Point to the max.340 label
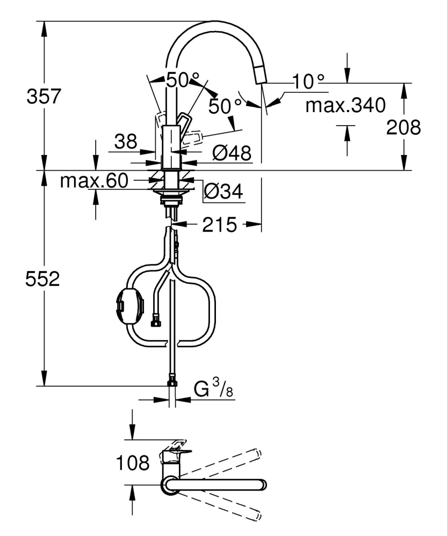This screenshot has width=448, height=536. click(x=345, y=106)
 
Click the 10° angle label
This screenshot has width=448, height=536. click(x=309, y=82)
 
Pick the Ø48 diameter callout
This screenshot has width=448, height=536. click(x=232, y=154)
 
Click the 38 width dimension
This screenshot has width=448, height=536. click(x=125, y=142)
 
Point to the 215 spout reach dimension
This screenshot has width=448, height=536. click(x=220, y=225)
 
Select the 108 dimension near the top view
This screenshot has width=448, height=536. click(x=133, y=462)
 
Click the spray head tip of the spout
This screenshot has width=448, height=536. click(x=262, y=78)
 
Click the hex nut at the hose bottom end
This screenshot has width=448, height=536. click(x=172, y=382)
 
